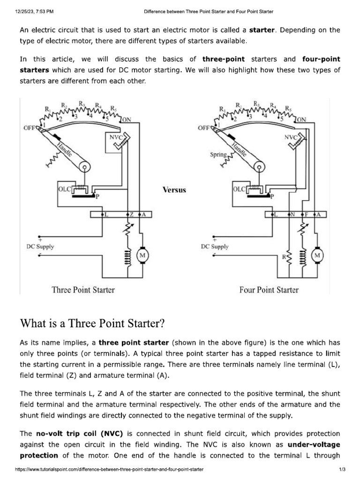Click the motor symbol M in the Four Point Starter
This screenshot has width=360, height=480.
pos(318,255)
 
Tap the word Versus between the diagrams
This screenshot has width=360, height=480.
pos(174,190)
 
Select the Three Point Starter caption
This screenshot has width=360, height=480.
pos(83,290)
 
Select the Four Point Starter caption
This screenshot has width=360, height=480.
pos(269,290)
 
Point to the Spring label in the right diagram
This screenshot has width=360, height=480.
pos(218,154)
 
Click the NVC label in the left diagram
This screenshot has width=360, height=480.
pos(115,138)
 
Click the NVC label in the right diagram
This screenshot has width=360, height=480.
pos(291,138)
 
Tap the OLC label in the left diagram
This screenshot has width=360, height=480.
pos(64,190)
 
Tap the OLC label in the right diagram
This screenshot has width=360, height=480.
pos(239,190)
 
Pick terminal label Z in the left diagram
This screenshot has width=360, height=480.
pos(132,214)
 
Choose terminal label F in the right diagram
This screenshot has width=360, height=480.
pos(307,214)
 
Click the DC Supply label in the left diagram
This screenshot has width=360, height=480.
pos(40,247)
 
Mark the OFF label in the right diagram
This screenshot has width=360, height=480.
pos(204,127)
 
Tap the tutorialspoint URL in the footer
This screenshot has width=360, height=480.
pos(109,469)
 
